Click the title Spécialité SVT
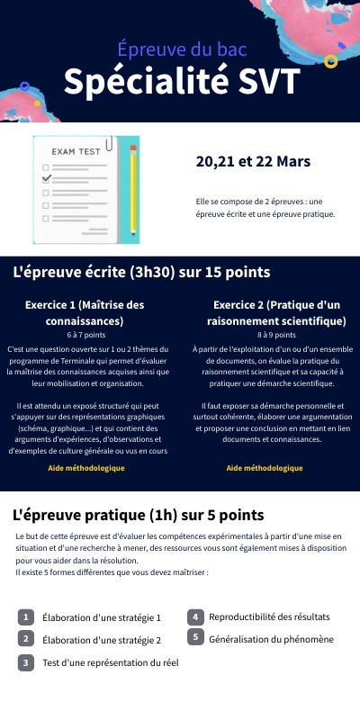point(181,83)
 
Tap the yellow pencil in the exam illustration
point(134,191)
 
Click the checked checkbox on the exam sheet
point(47,178)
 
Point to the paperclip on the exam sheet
point(109,144)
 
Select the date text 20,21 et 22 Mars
point(253,161)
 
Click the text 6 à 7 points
point(86,334)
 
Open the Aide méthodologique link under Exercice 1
point(86,469)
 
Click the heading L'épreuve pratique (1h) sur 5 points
point(139,515)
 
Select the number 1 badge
point(27,617)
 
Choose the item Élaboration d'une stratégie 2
point(102,640)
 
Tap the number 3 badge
point(27,663)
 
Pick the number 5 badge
point(195,637)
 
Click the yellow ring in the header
point(331,61)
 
